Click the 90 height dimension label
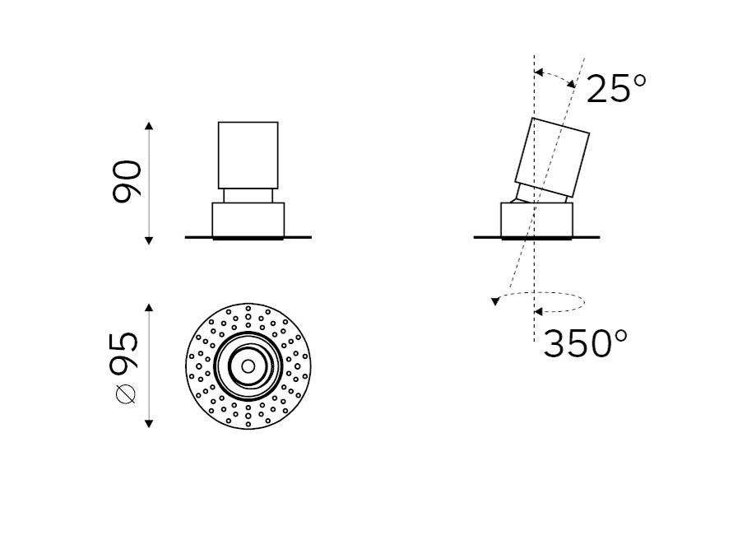pos(127,182)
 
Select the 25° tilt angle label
pos(616,89)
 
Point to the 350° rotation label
pos(585,343)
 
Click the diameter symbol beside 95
pos(125,393)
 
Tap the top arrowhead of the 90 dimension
pos(149,125)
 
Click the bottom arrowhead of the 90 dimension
pos(149,240)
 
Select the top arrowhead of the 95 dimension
pos(149,308)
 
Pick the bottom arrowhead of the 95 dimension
pos(149,423)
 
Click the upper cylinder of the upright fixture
pos(248,156)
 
